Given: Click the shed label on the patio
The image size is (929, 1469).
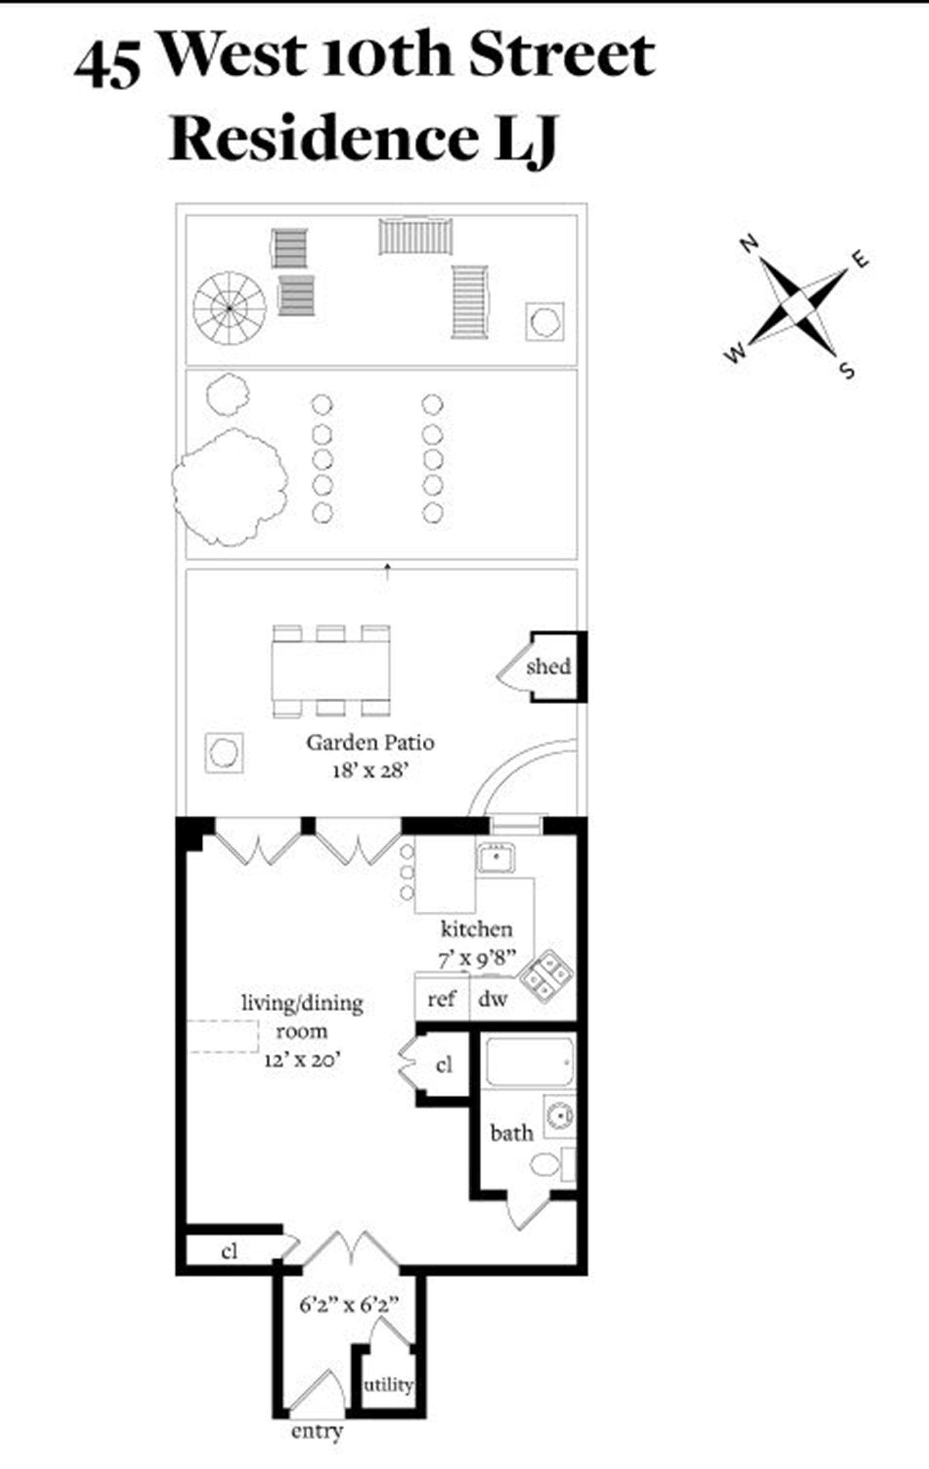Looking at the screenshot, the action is [548, 666].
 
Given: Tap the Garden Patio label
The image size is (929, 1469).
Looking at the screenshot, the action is [370, 742].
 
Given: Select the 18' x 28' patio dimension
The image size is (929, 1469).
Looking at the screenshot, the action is [370, 771].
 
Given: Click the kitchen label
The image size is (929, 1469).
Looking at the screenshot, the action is [477, 929].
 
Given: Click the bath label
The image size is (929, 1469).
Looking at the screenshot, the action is [511, 1133].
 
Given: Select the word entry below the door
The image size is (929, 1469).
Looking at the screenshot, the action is [316, 1431].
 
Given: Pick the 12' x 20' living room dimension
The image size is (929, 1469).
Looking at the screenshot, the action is [302, 1060].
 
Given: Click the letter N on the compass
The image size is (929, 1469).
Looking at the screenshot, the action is [749, 244].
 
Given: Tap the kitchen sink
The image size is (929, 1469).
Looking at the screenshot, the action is [496, 858].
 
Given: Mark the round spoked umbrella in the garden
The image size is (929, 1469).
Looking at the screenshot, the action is [229, 308].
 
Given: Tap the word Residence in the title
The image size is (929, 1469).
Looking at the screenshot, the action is [323, 139].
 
